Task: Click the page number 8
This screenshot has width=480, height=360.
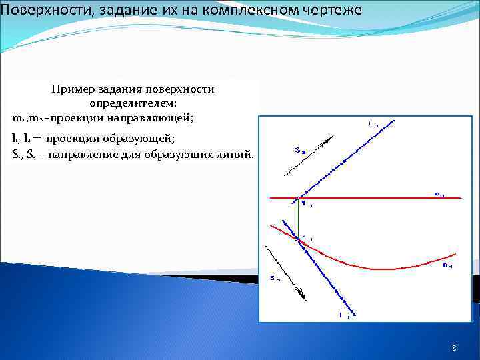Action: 454,348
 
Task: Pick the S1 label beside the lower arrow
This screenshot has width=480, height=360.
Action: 274,278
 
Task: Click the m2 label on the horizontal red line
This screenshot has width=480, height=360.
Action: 439,194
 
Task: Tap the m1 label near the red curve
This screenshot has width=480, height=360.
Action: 446,265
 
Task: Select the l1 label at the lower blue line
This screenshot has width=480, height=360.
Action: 344,315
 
